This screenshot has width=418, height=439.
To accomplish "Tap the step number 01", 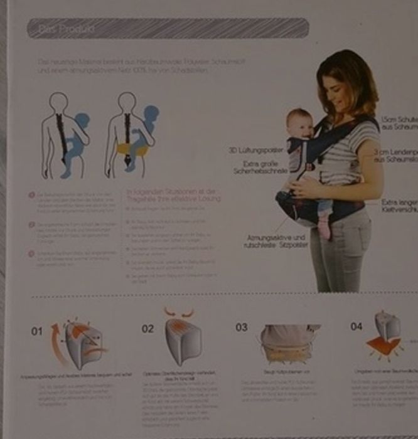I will click(x=37, y=331).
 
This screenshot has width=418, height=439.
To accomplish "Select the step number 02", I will click(x=147, y=329).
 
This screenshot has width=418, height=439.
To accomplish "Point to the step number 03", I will click(x=241, y=327).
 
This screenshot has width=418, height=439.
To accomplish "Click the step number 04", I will click(x=356, y=327).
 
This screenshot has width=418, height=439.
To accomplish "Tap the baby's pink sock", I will click(x=324, y=229).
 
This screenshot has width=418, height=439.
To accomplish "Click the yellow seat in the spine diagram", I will click(x=134, y=151).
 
